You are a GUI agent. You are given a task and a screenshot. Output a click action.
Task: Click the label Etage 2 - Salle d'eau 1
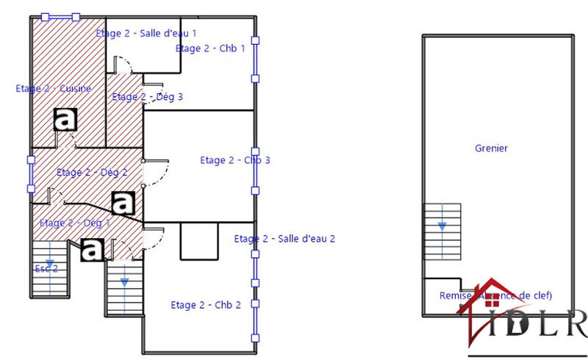click(146, 33)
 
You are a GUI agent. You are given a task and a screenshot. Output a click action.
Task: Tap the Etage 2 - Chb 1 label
click(209, 48)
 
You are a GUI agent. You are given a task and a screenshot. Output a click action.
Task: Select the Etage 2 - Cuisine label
click(54, 88)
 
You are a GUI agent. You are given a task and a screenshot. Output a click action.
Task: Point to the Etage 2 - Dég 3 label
click(147, 96)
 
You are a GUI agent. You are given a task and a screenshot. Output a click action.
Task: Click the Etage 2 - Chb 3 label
click(235, 160)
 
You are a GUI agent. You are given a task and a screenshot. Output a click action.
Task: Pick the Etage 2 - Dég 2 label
click(92, 173)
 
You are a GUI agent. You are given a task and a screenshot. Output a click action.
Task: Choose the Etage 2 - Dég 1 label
click(74, 223)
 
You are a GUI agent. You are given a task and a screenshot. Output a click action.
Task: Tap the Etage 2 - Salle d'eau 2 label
click(284, 238)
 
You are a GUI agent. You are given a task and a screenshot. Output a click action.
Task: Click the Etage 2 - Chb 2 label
click(206, 305)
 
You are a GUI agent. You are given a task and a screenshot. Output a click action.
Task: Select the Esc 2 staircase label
click(46, 269)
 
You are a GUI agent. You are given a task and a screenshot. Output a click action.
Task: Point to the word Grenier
click(492, 148)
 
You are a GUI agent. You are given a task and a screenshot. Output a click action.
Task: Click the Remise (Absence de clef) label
click(495, 295)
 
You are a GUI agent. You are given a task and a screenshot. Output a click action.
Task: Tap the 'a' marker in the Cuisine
click(66, 119)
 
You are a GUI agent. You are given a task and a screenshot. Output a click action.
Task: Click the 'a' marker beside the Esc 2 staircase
click(92, 250)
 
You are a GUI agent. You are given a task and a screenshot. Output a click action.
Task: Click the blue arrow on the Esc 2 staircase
click(49, 261)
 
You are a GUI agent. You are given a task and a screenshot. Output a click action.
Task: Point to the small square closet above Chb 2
click(199, 242)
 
